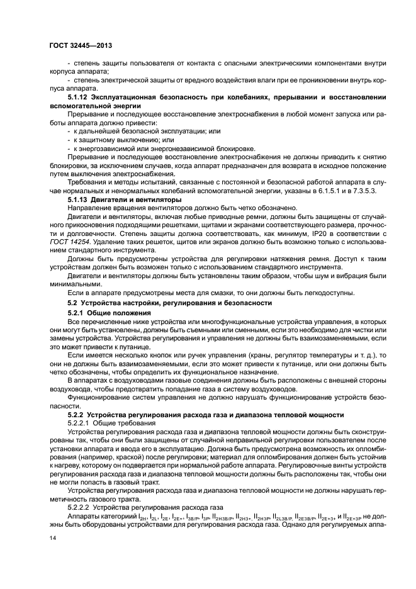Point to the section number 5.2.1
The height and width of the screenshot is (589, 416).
point(77,313)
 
